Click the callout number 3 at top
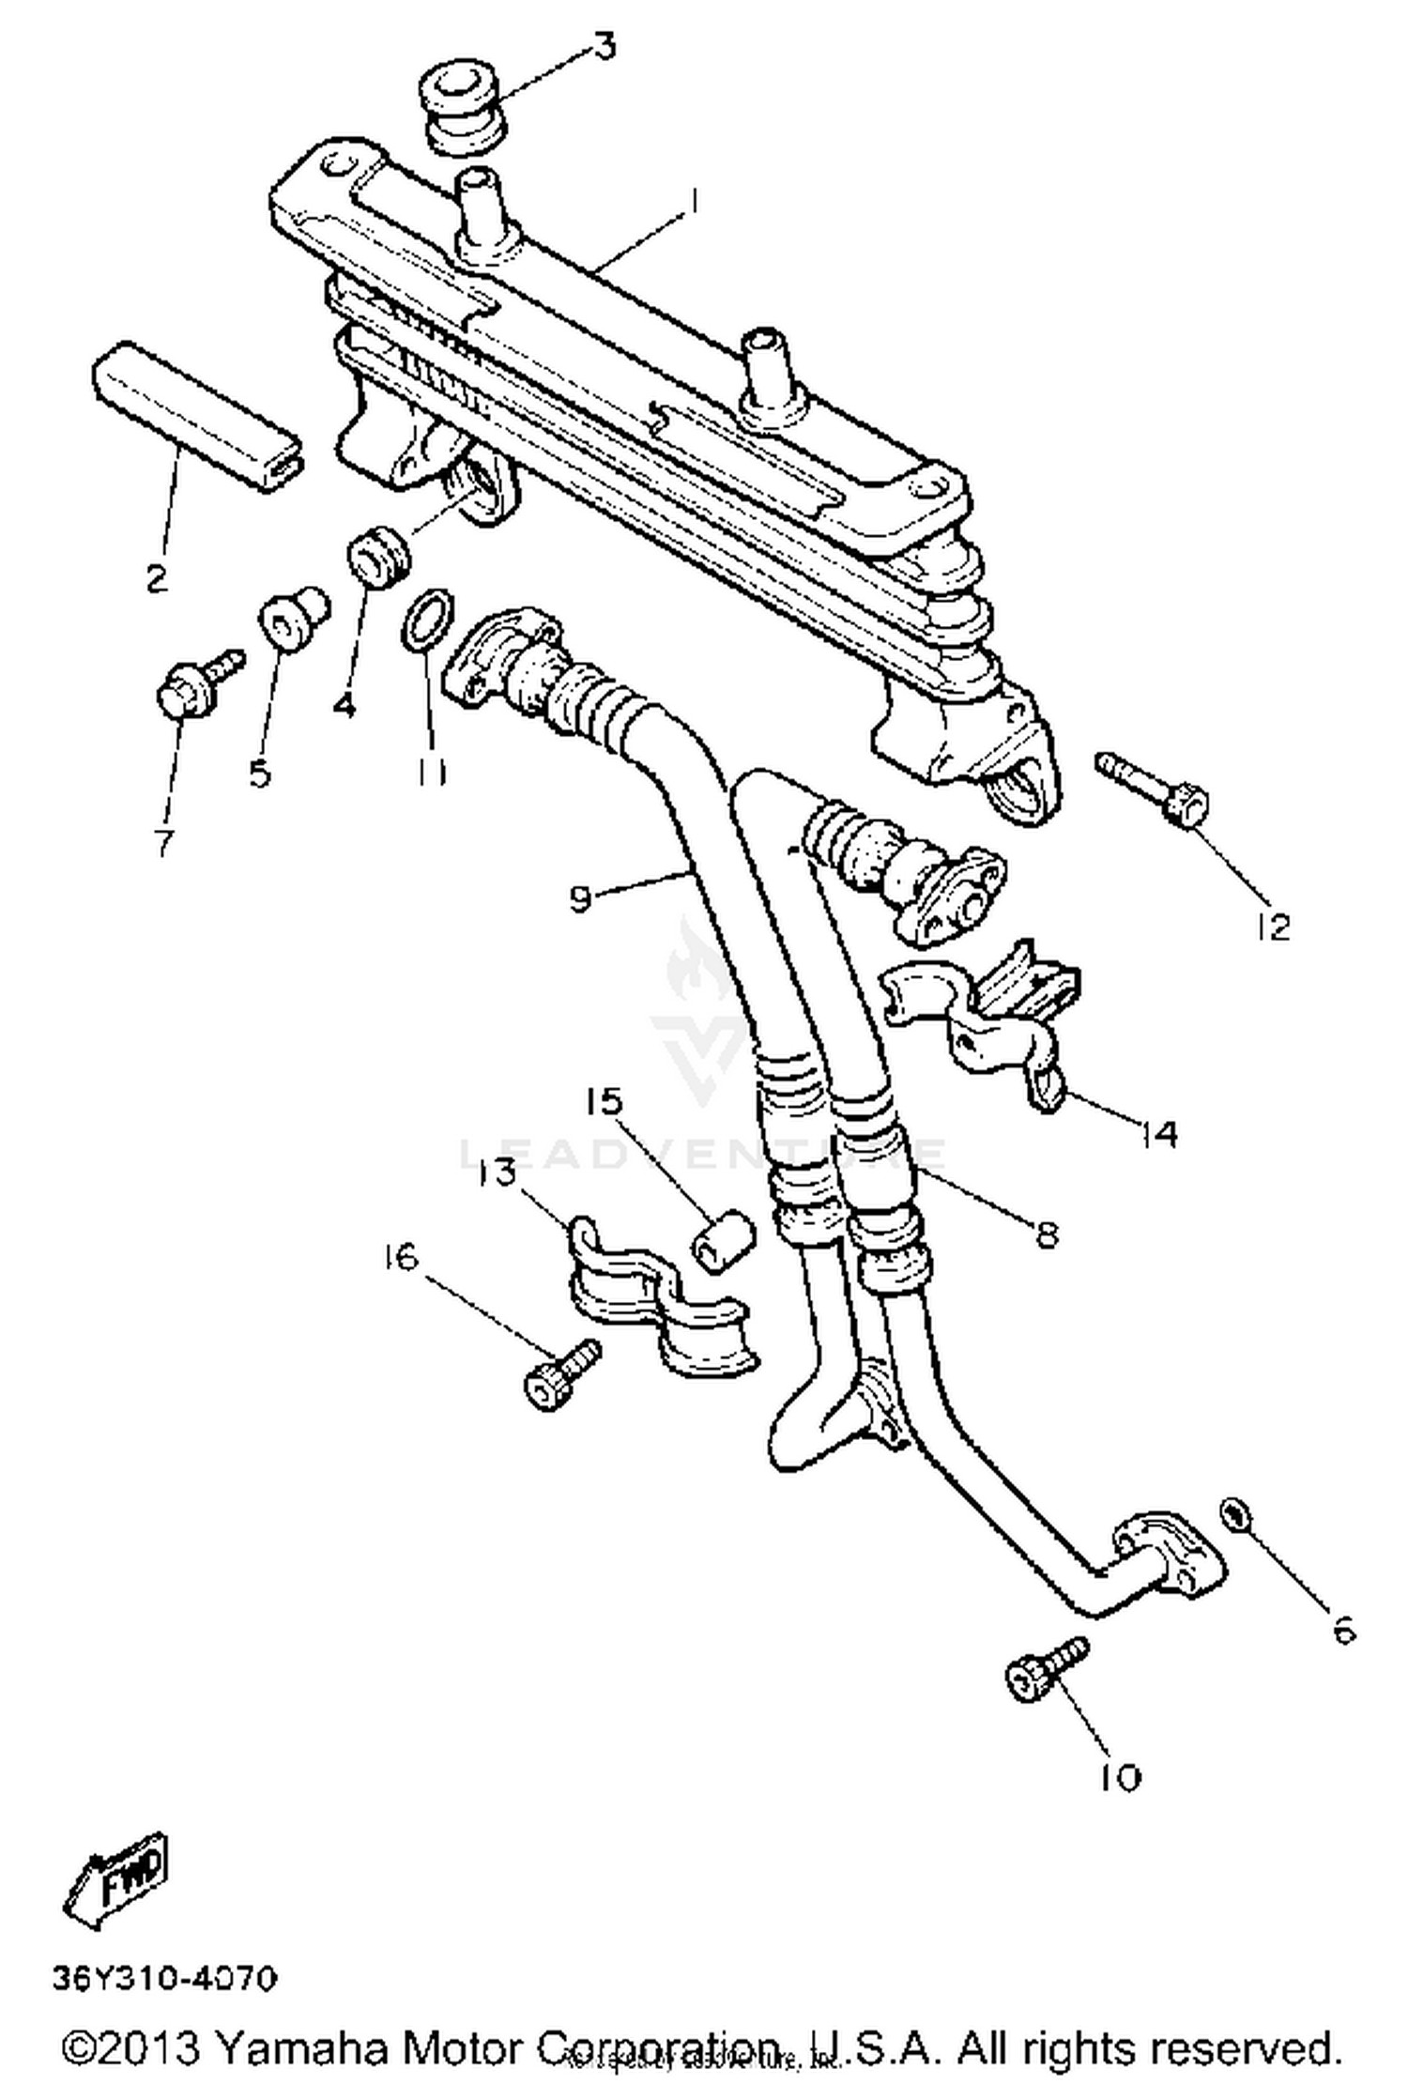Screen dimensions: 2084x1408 point(605,46)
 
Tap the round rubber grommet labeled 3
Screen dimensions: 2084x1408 point(462,108)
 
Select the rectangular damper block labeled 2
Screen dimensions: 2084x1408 point(199,416)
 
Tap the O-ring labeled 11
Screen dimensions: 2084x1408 point(429,620)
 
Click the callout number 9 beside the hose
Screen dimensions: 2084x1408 point(582,898)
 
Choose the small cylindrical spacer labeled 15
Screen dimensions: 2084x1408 point(724,1242)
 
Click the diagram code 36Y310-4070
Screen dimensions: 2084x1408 point(165,1979)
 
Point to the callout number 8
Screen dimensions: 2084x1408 point(1047,1233)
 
